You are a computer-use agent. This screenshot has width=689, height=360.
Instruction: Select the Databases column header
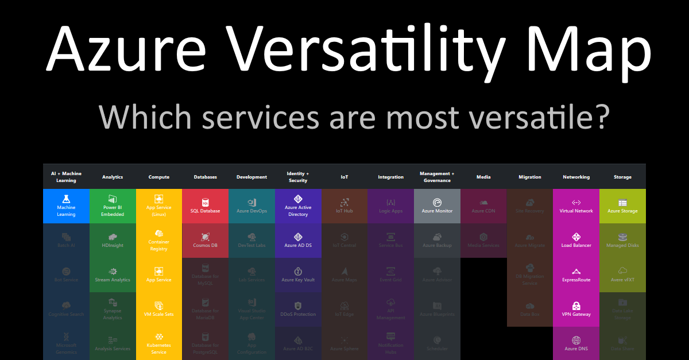(205, 177)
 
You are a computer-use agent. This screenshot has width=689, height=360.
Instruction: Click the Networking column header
(576, 177)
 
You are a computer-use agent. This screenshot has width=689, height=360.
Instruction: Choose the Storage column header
(622, 177)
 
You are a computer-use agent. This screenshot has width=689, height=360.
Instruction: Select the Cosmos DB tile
(205, 241)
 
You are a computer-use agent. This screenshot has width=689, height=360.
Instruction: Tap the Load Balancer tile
(576, 241)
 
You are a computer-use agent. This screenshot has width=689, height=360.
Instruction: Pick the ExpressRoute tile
(576, 275)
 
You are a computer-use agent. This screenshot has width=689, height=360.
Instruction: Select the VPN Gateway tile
(576, 309)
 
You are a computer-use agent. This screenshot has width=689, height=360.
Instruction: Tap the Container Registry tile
(159, 241)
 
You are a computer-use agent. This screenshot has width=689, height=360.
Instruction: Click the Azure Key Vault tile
(298, 275)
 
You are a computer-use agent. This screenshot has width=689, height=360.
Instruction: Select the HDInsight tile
(113, 241)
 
